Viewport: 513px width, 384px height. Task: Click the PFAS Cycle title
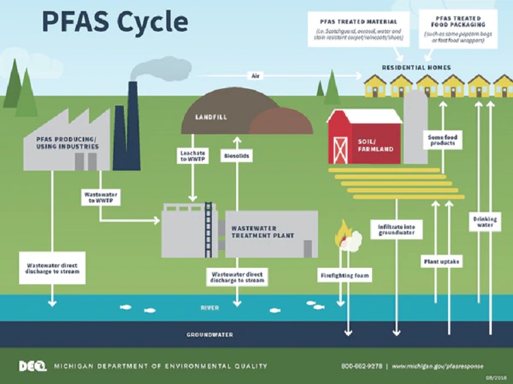[x=114, y=22]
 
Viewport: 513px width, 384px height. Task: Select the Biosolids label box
[x=237, y=156]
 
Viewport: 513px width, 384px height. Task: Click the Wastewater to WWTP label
[x=101, y=197]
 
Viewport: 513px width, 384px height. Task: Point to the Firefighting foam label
[x=347, y=277]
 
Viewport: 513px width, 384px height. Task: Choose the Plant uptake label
[x=441, y=261]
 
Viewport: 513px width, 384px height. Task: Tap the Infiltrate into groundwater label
[x=396, y=229]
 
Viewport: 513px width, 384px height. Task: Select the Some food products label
[x=443, y=140]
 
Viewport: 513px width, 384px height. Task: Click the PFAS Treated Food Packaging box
[x=458, y=29]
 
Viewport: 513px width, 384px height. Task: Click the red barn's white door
[x=341, y=150]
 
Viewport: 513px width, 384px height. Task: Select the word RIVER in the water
[x=209, y=308]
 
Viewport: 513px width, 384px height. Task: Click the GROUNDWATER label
[x=210, y=335]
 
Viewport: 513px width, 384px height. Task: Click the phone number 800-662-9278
[x=362, y=366]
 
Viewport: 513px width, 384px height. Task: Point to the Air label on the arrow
[x=256, y=75]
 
